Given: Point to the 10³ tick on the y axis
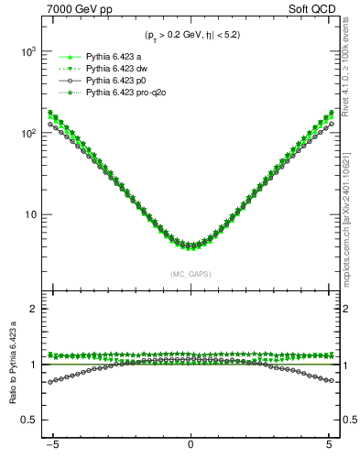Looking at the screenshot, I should (25, 52).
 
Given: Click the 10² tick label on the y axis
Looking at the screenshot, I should (25, 134).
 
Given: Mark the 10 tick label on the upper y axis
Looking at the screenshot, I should (27, 215).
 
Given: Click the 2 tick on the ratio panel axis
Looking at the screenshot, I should (31, 310).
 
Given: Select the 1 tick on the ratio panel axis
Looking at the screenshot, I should (31, 365).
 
